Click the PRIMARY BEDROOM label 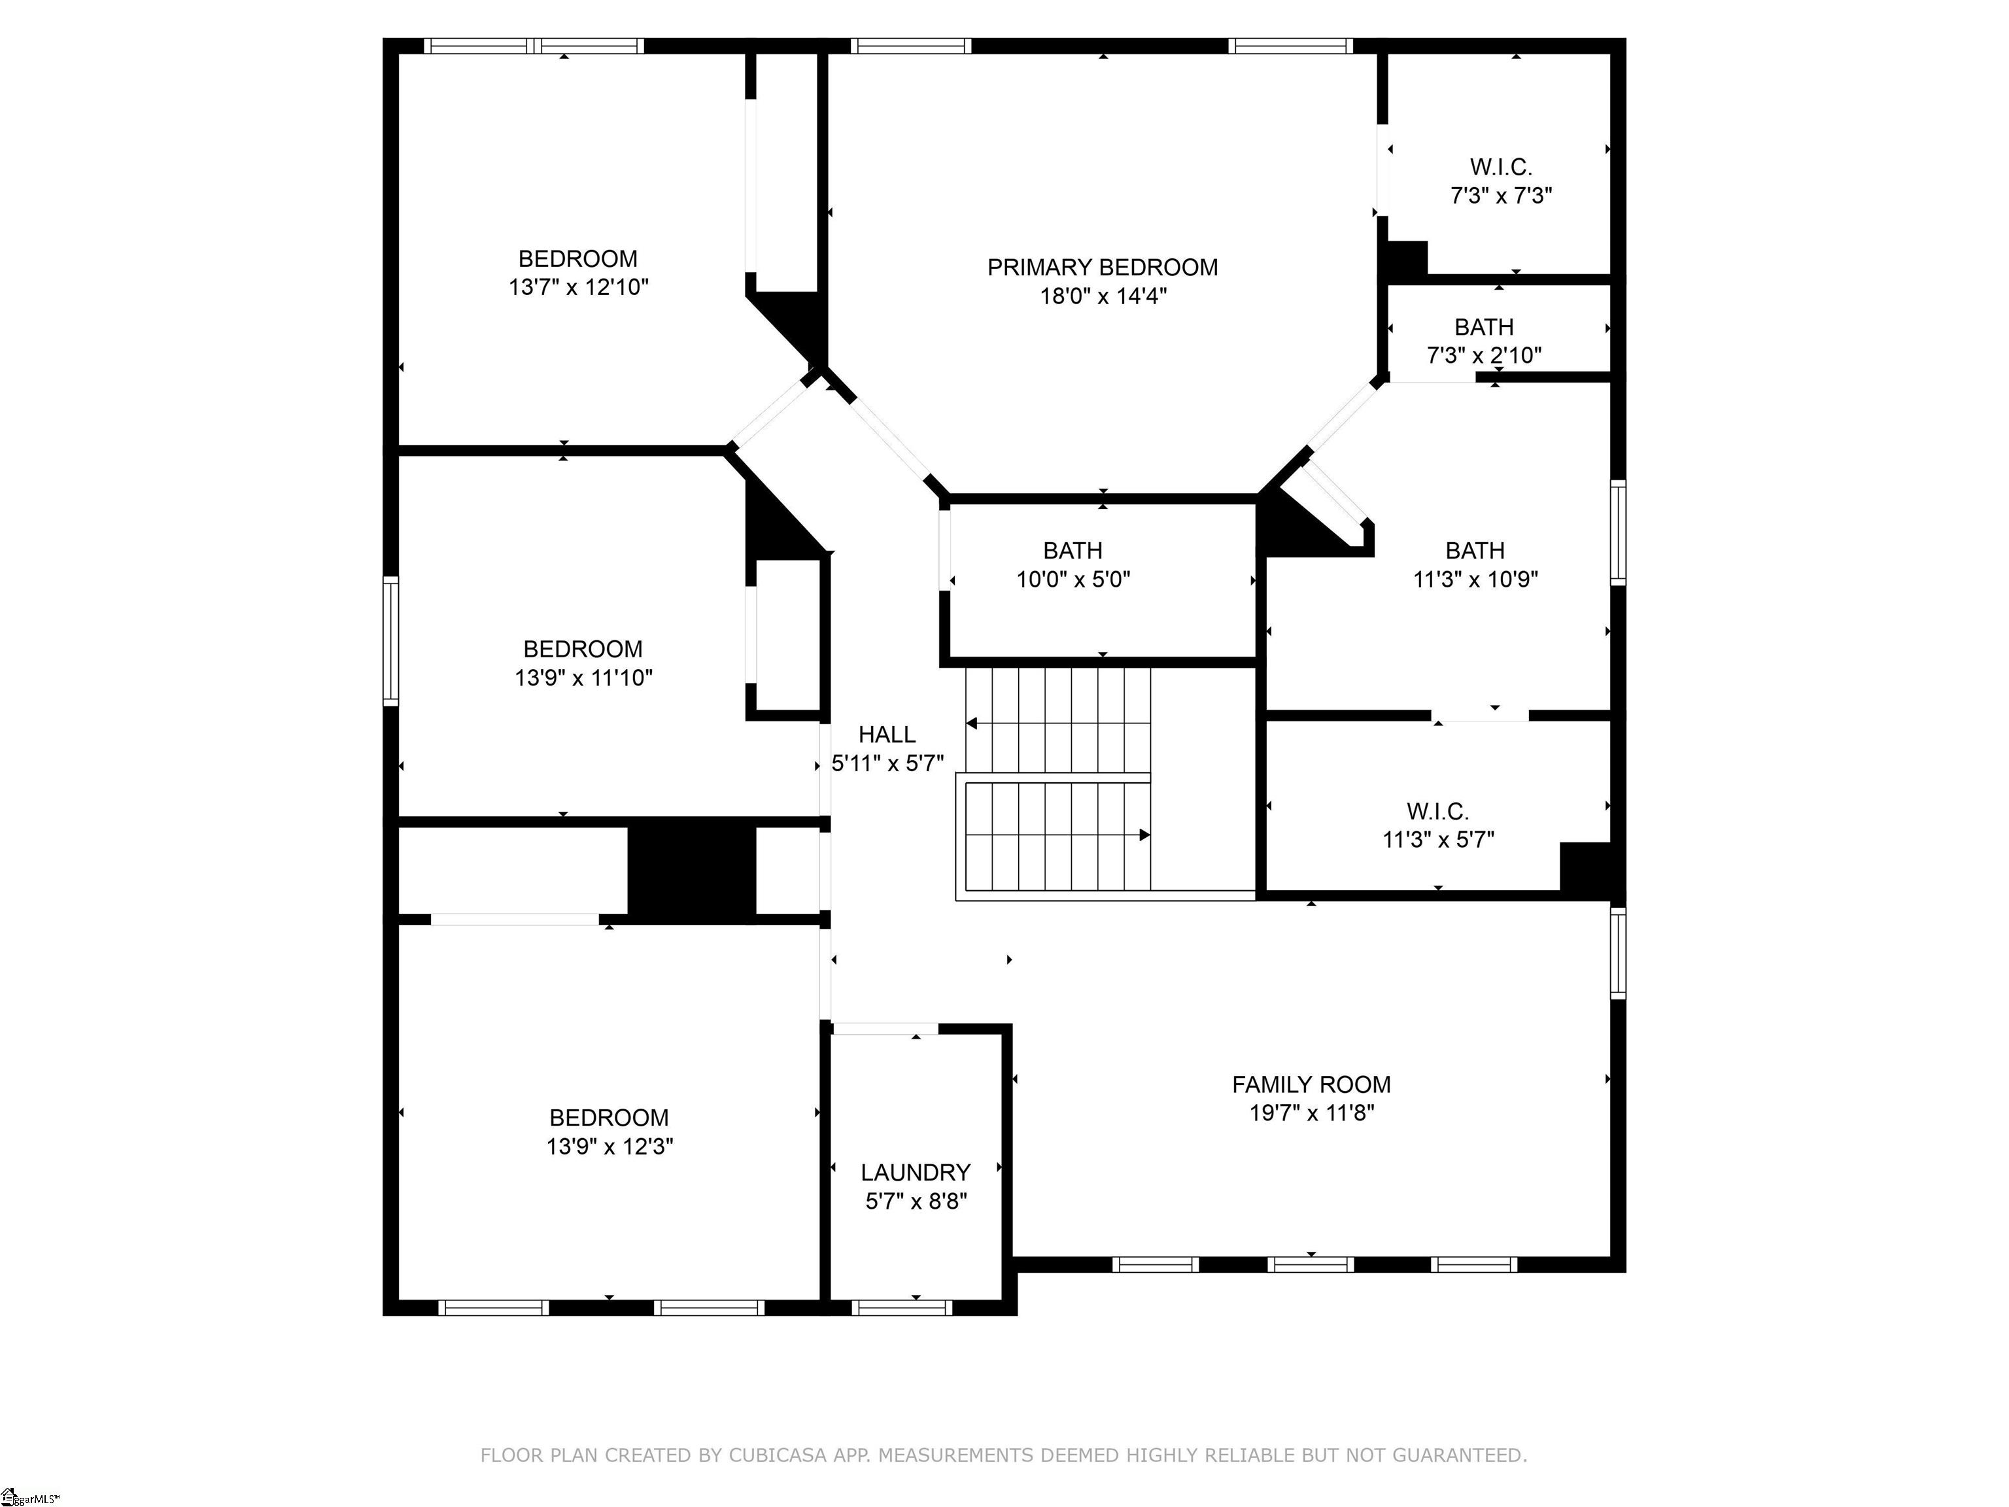(1103, 267)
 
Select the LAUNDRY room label (916, 1173)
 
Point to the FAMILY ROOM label (1311, 1084)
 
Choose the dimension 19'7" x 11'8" (1311, 1113)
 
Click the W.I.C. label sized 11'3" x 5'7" (1437, 811)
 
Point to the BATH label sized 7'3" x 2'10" (1484, 327)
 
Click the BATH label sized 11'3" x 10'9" (1475, 551)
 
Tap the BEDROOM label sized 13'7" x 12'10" (577, 259)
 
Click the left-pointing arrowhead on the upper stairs (971, 724)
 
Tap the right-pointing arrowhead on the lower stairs (1145, 835)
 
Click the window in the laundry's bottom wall (902, 1308)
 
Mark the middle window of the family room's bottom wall (1311, 1264)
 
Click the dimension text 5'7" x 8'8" (916, 1202)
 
